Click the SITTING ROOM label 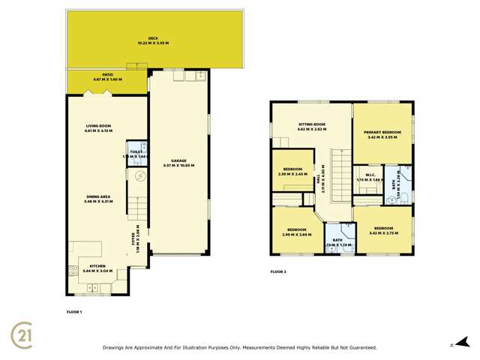point(310,127)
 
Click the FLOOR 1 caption point(74,310)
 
